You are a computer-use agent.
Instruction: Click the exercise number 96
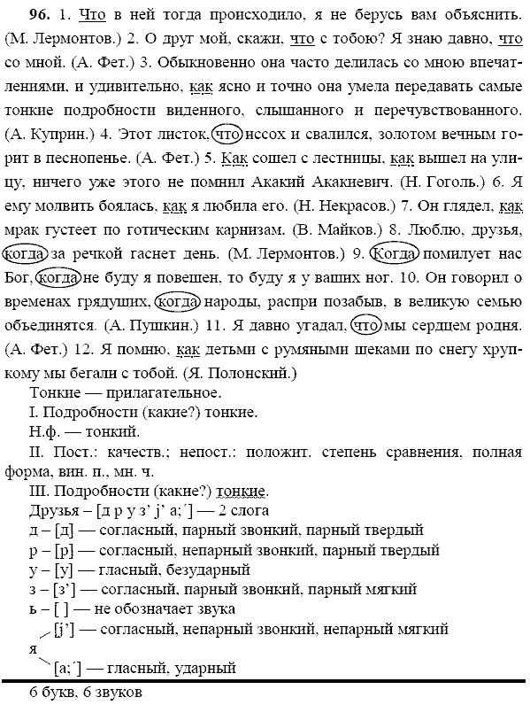[x=17, y=16]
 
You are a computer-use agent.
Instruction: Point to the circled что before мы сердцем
[x=366, y=325]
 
